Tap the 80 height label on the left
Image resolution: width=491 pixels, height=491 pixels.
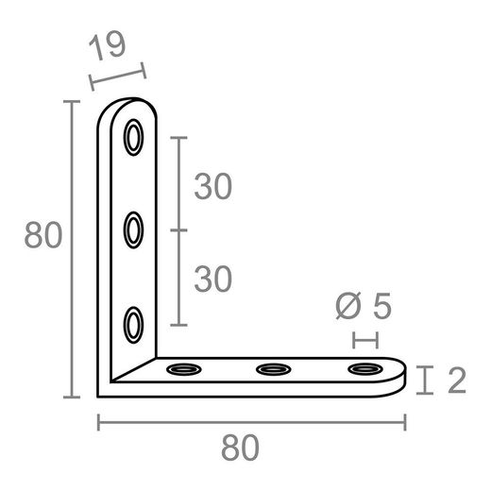[42, 235]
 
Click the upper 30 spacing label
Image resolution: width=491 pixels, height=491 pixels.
[213, 187]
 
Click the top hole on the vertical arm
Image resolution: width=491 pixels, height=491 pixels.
[134, 138]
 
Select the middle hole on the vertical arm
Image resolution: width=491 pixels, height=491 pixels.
[134, 229]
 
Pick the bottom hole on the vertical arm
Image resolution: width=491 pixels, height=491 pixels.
[134, 324]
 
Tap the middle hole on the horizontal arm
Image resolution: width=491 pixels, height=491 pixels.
[272, 368]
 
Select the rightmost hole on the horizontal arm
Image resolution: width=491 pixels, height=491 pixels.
[362, 368]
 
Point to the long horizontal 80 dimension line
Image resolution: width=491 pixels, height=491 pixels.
[251, 422]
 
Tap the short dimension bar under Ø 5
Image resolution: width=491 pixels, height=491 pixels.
[364, 339]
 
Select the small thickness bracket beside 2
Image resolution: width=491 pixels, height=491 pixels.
[428, 381]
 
